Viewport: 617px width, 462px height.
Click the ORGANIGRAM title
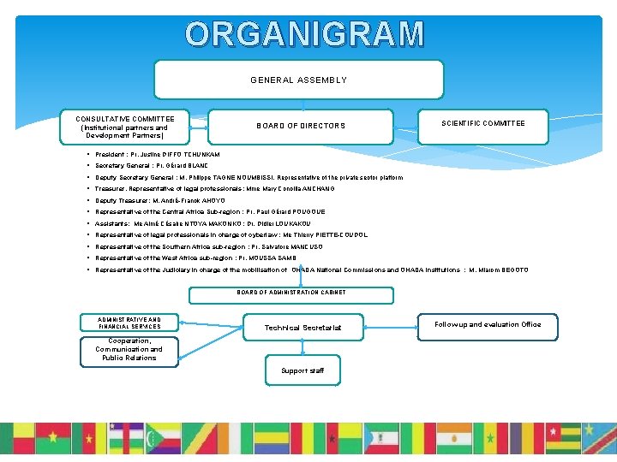tap(305, 34)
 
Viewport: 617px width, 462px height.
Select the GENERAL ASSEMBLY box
tap(298, 80)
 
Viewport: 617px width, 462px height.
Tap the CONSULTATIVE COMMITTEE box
tap(125, 127)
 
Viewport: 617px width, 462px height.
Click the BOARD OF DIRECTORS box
tap(301, 126)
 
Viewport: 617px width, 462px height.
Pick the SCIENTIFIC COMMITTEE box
tap(483, 123)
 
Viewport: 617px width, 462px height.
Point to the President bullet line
tap(159, 154)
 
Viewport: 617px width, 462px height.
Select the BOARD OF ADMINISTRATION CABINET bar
tap(291, 292)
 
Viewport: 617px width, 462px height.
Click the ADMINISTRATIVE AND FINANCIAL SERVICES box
tap(129, 323)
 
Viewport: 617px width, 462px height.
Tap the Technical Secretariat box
tap(303, 327)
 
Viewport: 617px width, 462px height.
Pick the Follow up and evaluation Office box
tap(488, 325)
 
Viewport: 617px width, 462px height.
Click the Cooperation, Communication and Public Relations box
tap(129, 350)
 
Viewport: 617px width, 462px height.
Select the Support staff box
tap(302, 370)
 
